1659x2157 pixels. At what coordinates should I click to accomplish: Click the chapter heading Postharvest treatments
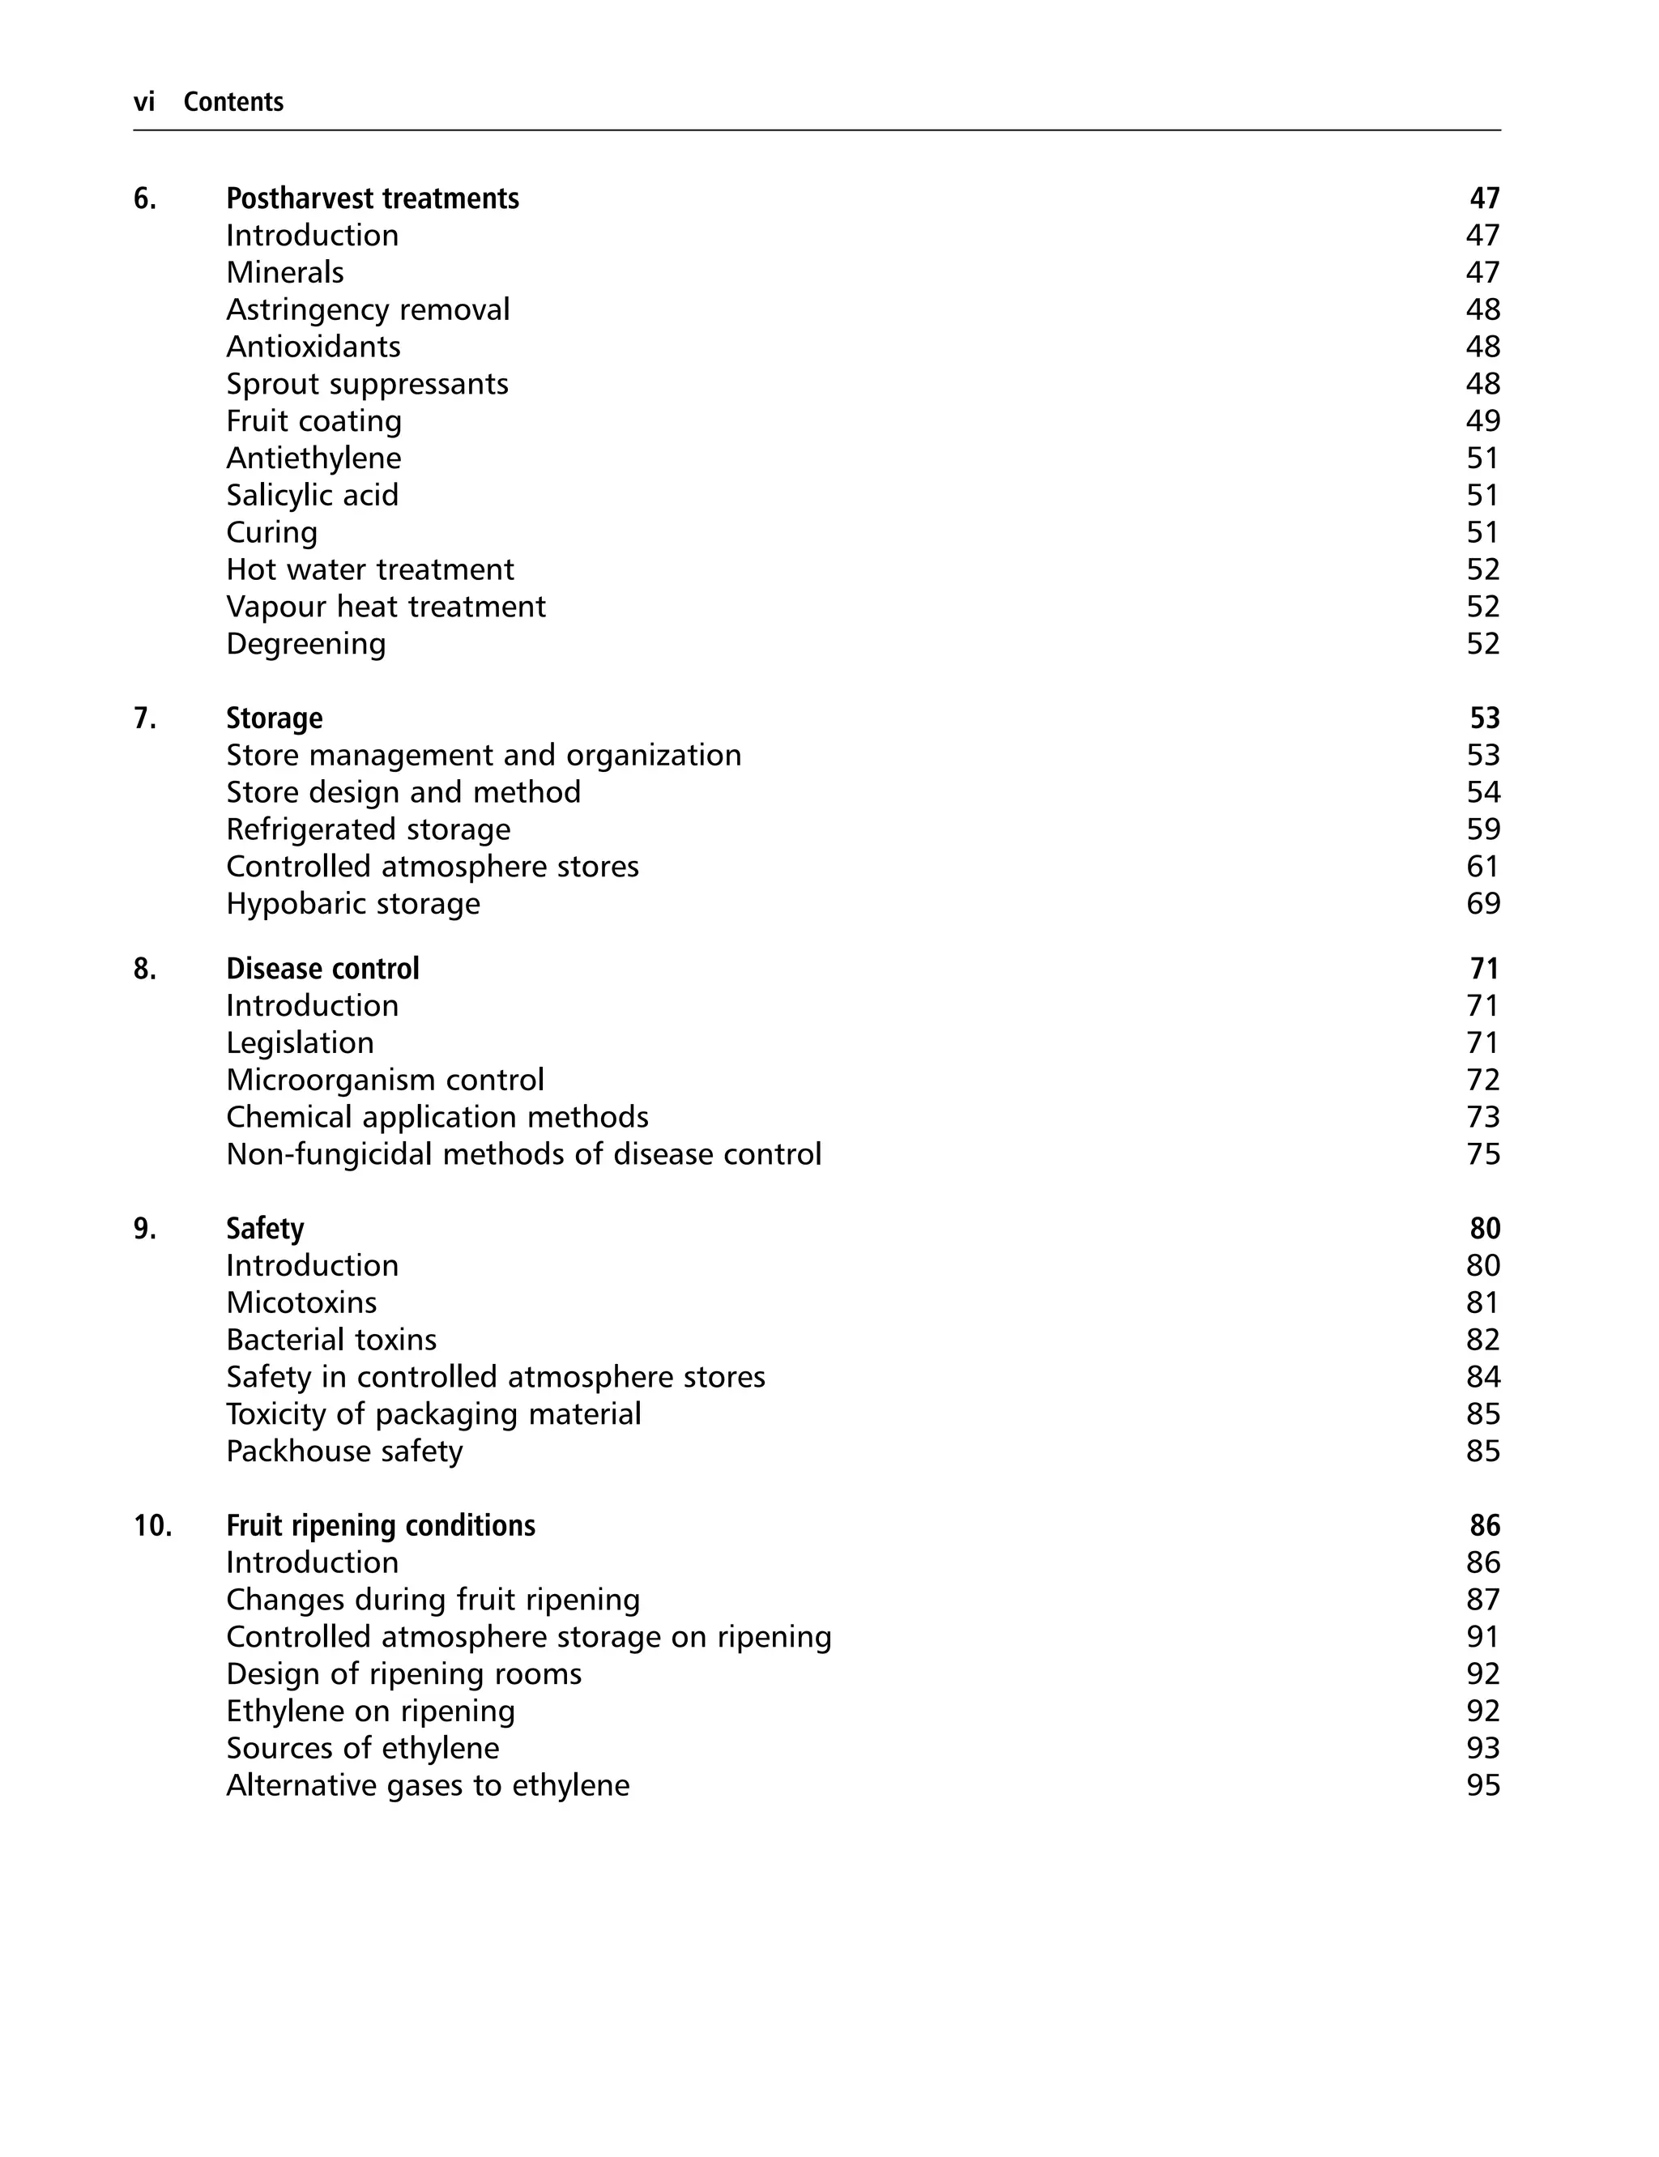[x=373, y=198]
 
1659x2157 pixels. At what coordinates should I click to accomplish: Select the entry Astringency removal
[x=367, y=310]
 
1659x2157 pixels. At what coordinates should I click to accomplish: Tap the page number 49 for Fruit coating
[x=1482, y=421]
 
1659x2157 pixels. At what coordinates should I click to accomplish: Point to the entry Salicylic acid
[x=312, y=496]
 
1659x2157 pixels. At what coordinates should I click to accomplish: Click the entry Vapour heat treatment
[x=385, y=607]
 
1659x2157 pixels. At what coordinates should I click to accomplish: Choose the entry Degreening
[x=306, y=645]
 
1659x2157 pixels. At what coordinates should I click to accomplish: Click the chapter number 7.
[x=144, y=718]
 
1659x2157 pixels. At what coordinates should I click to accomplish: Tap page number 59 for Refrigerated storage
[x=1482, y=830]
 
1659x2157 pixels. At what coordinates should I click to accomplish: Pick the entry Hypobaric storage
[x=352, y=904]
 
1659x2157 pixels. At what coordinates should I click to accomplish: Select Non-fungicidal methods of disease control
[x=523, y=1155]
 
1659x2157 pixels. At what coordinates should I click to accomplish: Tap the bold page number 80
[x=1484, y=1229]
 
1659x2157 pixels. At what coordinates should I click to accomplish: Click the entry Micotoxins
[x=301, y=1303]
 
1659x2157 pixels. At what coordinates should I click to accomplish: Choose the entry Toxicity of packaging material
[x=433, y=1414]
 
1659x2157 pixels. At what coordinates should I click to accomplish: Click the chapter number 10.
[x=152, y=1526]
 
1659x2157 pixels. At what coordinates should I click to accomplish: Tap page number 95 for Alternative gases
[x=1482, y=1786]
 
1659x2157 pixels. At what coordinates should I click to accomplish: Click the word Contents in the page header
[x=233, y=102]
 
